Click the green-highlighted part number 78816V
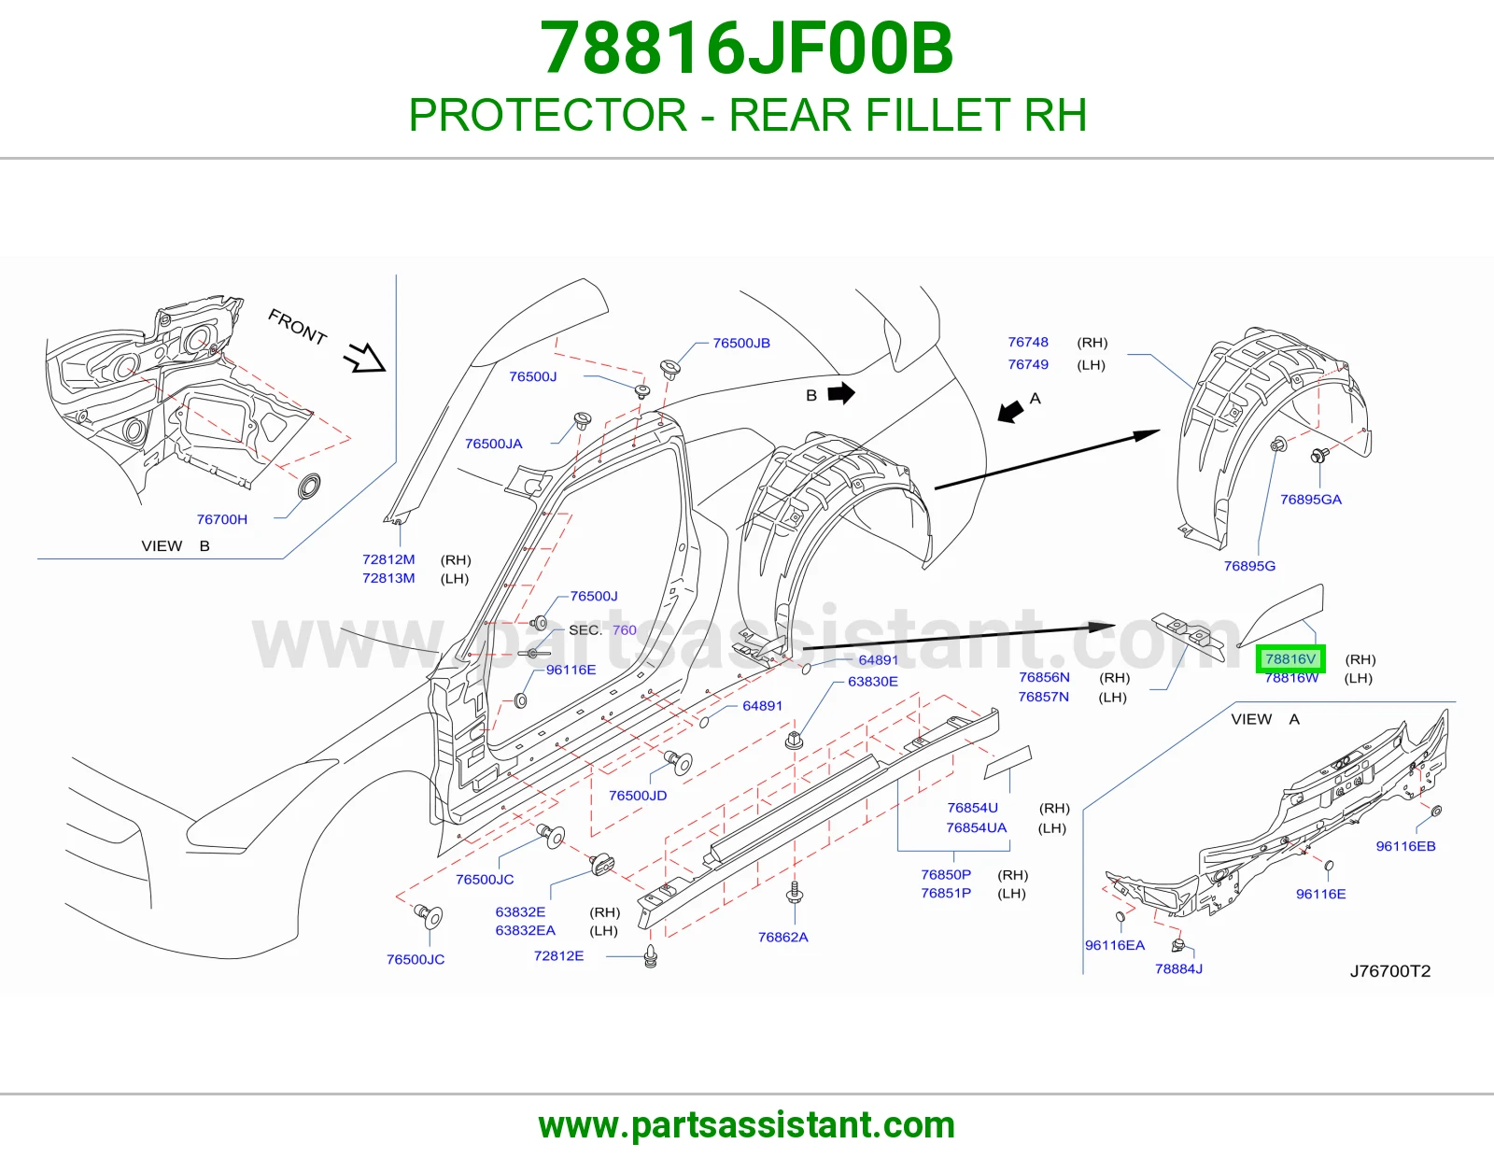[1290, 658]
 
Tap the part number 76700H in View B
[221, 519]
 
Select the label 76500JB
[741, 343]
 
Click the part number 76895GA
[1310, 500]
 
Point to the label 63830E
[872, 682]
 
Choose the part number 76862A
[783, 938]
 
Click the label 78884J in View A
[1178, 969]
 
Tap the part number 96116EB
[1405, 846]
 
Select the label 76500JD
[638, 796]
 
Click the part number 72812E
[558, 956]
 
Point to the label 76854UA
[977, 828]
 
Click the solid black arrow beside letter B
[841, 393]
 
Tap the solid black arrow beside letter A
[1010, 411]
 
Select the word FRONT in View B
[297, 326]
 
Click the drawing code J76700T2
[1390, 971]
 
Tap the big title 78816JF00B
[747, 49]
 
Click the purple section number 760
[625, 629]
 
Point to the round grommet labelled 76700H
[308, 487]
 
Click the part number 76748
[1028, 343]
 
